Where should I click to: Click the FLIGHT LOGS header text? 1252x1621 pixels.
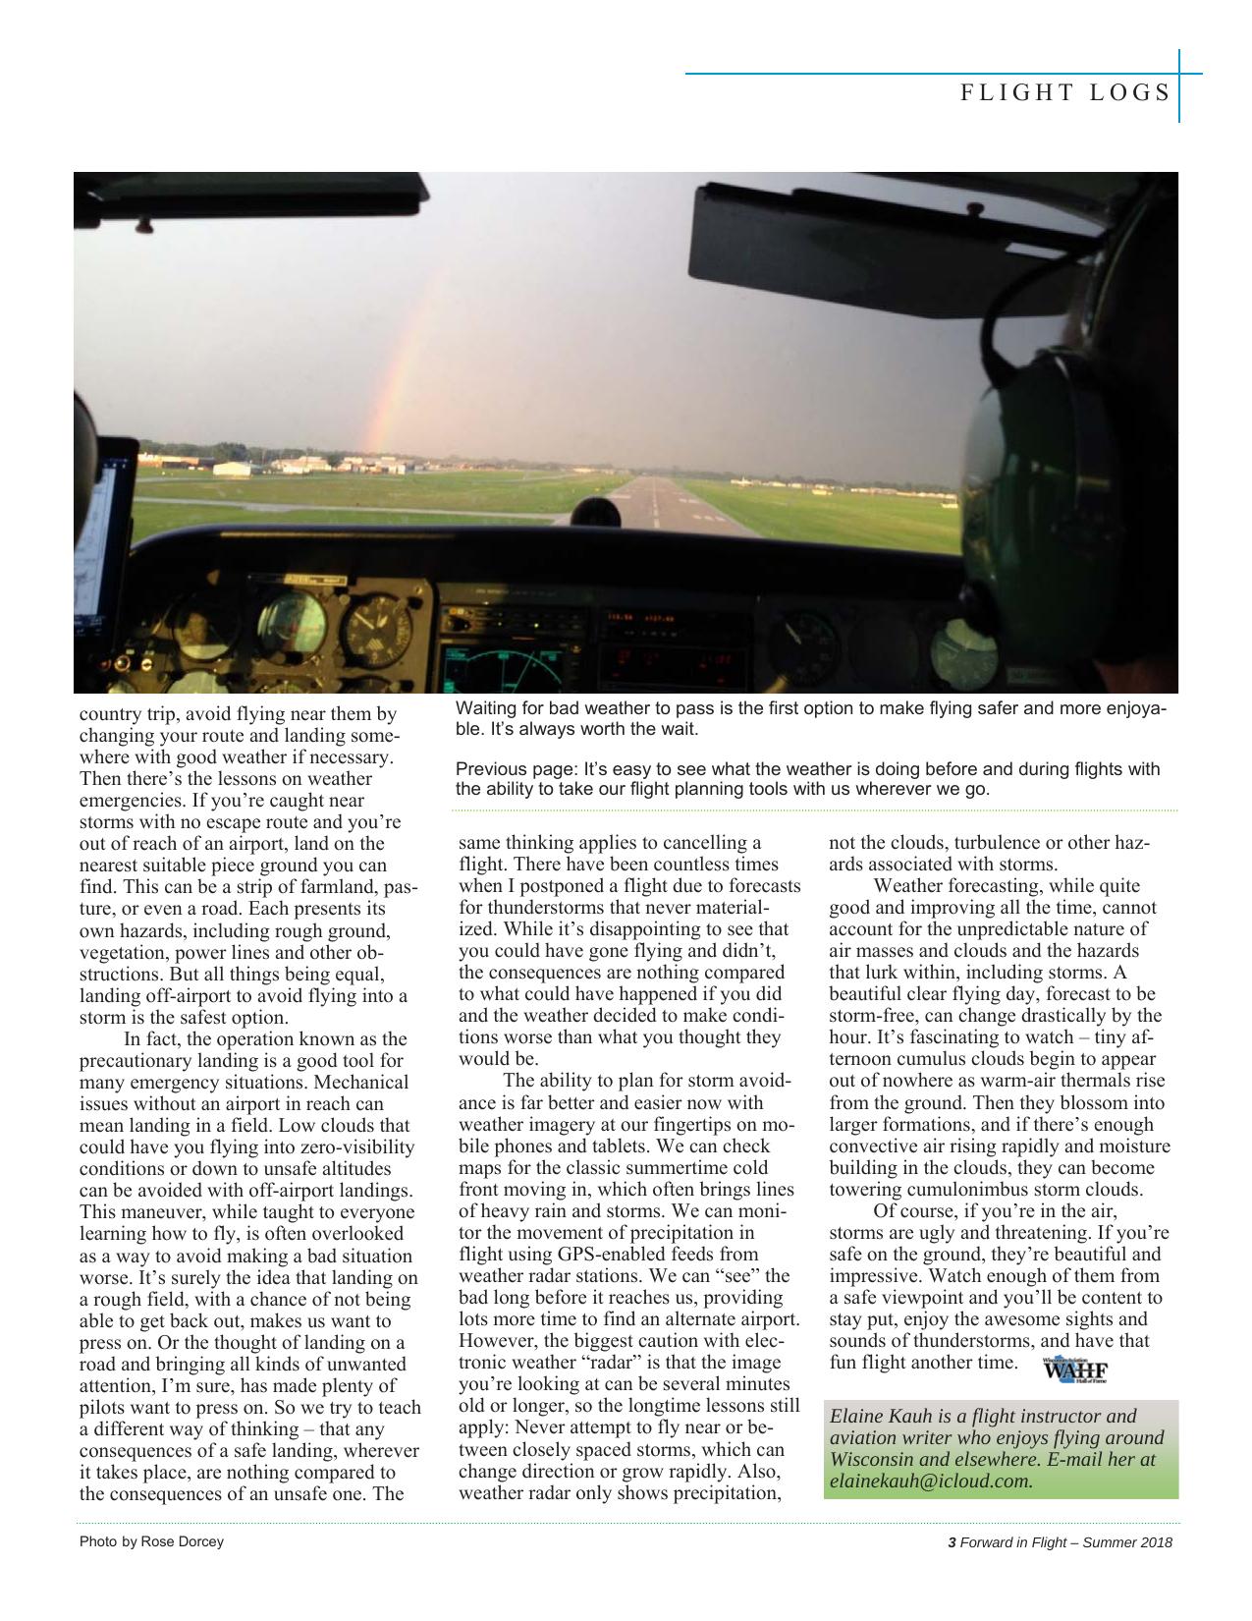[x=1064, y=92]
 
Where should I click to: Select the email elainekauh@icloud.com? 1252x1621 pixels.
[x=931, y=1481]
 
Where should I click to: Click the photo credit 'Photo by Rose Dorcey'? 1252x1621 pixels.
[x=151, y=1541]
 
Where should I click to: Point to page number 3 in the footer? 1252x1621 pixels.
[x=951, y=1542]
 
